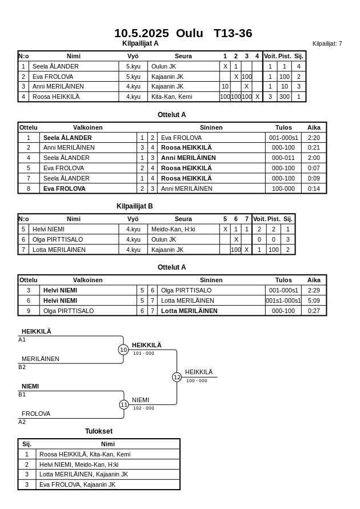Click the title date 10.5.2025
coord(141,33)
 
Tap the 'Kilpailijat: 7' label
coord(327,43)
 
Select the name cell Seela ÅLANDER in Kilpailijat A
coord(55,66)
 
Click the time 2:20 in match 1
coord(314,138)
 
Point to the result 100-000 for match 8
coord(283,188)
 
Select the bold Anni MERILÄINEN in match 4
coord(188,158)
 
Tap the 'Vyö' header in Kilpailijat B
coord(133,219)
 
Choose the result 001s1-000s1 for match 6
coord(283,300)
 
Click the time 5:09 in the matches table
coord(314,300)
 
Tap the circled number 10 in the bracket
coord(123,350)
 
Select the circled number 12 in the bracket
coord(177,377)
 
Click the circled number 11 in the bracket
coord(124,404)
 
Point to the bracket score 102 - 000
coord(143,408)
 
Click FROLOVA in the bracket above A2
coord(36,414)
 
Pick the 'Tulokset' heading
coord(99,431)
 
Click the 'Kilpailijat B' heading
coord(134,206)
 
